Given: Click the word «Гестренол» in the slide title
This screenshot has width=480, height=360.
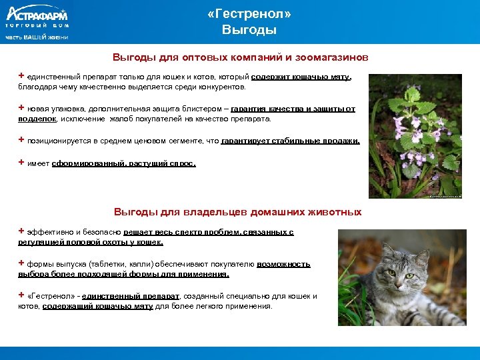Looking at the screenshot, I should pyautogui.click(x=249, y=14).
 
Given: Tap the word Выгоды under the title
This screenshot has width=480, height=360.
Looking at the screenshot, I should pyautogui.click(x=249, y=31).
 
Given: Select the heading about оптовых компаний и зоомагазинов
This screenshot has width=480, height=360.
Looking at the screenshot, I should pyautogui.click(x=240, y=57).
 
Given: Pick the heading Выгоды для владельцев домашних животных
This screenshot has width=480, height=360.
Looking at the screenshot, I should pyautogui.click(x=237, y=212).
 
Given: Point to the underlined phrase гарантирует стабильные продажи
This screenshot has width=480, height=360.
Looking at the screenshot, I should pyautogui.click(x=290, y=141).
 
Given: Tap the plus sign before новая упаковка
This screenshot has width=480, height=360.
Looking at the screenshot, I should pyautogui.click(x=21, y=107).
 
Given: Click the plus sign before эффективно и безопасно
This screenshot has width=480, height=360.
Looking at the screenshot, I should pyautogui.click(x=21, y=231).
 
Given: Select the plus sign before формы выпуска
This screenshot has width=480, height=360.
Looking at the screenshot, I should pyautogui.click(x=21, y=263).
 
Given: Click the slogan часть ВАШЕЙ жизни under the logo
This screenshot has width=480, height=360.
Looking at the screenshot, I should pyautogui.click(x=37, y=37).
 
